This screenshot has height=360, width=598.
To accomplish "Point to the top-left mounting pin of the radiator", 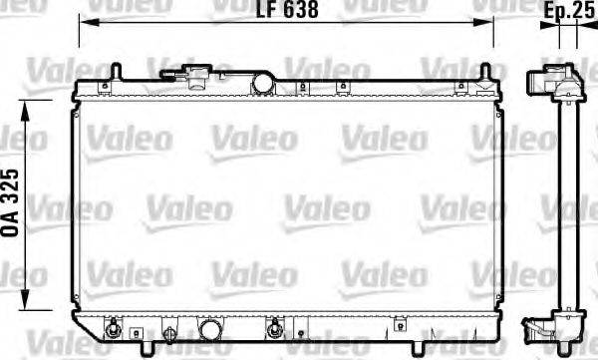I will click(x=116, y=73).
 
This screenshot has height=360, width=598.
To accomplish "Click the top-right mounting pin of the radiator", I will click(x=485, y=73).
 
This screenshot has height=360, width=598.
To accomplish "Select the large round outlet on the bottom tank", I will click(x=211, y=330).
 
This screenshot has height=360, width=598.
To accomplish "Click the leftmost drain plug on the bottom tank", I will click(x=113, y=328).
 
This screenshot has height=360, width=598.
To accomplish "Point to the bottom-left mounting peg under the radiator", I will click(x=149, y=348).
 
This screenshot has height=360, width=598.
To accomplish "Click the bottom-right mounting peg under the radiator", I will click(x=457, y=348).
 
